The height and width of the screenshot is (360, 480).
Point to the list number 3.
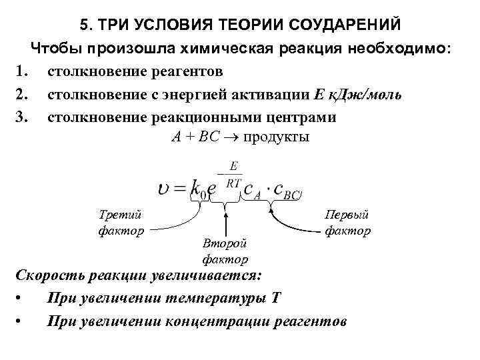20,117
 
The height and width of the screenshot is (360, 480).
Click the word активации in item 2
273,94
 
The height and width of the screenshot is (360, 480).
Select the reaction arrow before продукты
231,137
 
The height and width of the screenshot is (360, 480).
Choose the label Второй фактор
225,251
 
